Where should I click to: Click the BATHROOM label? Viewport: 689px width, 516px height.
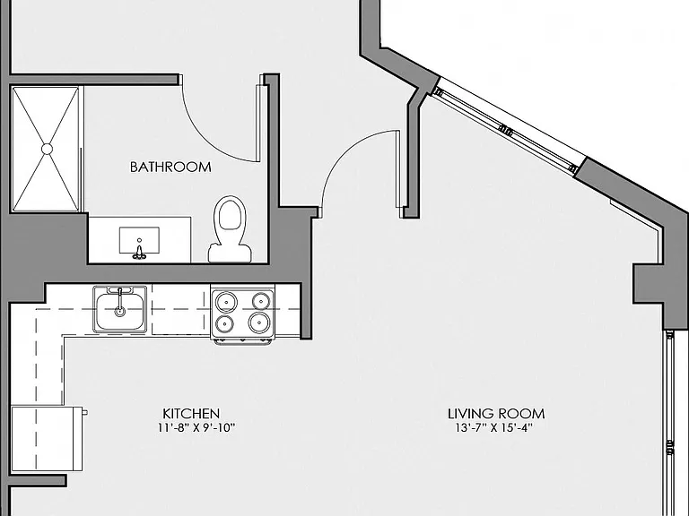point(170,168)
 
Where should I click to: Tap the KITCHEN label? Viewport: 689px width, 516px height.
point(191,414)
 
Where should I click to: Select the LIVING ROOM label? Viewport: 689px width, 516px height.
point(496,414)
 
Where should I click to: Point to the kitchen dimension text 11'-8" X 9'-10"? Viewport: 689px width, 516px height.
point(196,428)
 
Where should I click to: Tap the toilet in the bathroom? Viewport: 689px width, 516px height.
point(230,229)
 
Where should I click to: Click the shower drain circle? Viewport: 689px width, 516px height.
point(47,150)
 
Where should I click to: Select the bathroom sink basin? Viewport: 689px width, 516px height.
point(139,240)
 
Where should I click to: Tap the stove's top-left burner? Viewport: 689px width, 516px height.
point(226,302)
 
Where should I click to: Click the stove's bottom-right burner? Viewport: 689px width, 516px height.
point(258,322)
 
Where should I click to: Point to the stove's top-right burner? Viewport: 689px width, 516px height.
point(260,301)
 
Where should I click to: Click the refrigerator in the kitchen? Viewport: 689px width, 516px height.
point(47,439)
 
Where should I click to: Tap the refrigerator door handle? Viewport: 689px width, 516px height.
point(85,412)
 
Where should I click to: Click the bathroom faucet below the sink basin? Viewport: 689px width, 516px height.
point(139,253)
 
